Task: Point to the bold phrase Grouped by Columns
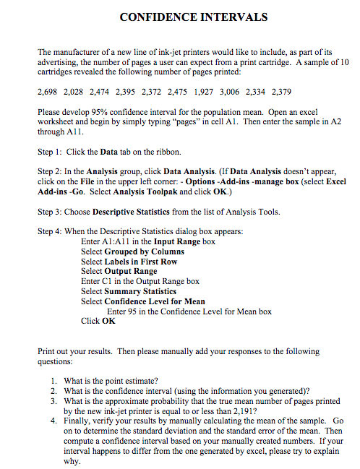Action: [144, 251]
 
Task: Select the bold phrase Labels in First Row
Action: [141, 261]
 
